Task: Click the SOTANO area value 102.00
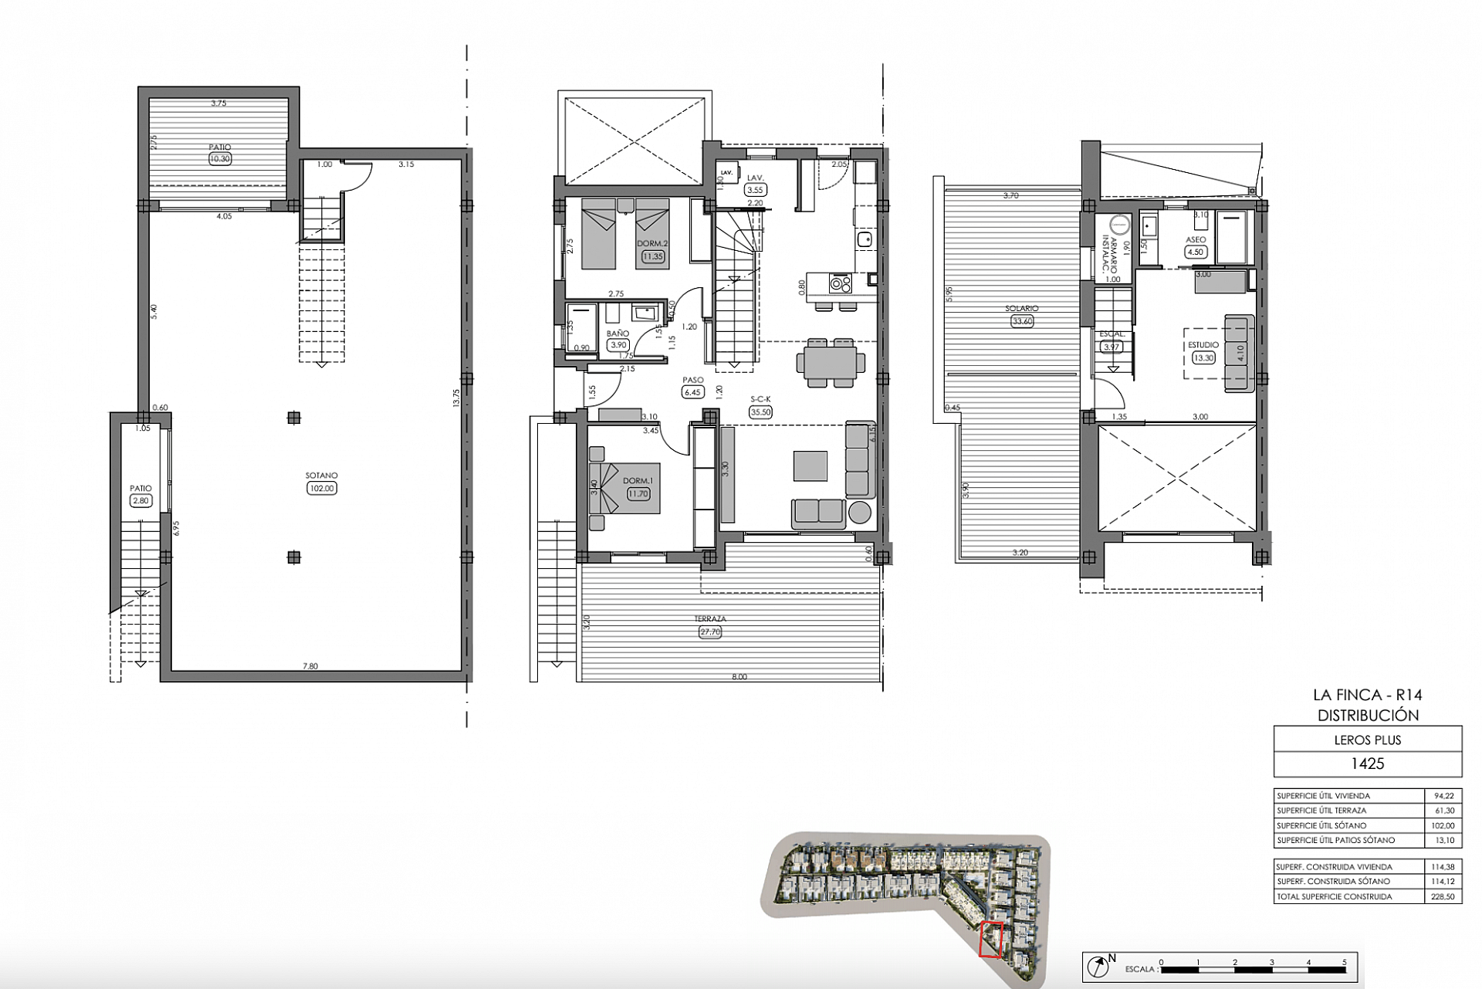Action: [x=321, y=488]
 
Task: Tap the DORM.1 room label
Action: [x=638, y=481]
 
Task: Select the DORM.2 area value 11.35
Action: [x=652, y=256]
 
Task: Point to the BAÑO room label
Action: [x=617, y=334]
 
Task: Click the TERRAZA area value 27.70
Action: [x=709, y=632]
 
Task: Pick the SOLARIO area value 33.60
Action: [x=1022, y=321]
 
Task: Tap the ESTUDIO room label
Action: [x=1203, y=345]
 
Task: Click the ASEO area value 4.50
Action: [x=1195, y=252]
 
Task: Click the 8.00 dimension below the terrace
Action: [x=739, y=677]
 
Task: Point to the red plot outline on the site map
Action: [x=990, y=940]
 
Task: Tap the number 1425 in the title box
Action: [x=1367, y=764]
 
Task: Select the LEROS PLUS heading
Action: [x=1367, y=740]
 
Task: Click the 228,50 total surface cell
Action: [x=1442, y=896]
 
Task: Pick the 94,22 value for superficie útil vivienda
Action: [x=1442, y=795]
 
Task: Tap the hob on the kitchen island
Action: [x=840, y=284]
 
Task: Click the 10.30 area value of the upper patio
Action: [x=219, y=159]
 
